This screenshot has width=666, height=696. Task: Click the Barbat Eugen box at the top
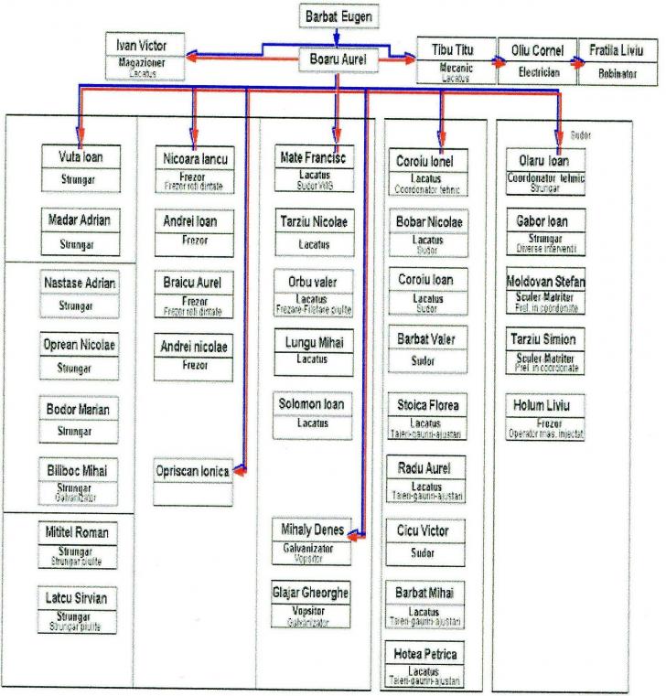337,17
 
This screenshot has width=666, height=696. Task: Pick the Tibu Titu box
454,50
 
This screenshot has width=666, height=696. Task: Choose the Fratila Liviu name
611,50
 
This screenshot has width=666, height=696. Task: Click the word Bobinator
611,74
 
